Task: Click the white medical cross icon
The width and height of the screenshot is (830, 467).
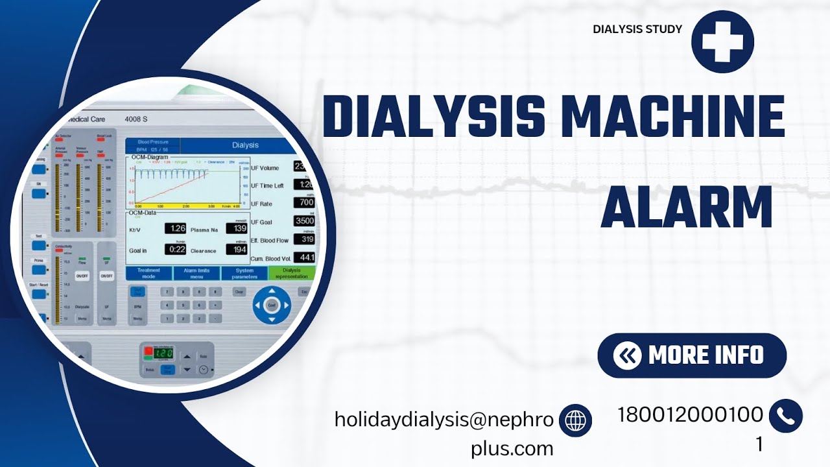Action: pos(722,42)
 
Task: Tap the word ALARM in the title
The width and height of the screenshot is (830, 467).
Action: pos(687,207)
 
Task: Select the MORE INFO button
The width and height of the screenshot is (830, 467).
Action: pos(691,355)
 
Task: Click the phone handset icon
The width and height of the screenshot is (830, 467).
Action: pos(785,416)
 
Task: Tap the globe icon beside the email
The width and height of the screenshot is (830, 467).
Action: pos(575,420)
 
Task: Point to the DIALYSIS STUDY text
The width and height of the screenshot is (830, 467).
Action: pos(637,29)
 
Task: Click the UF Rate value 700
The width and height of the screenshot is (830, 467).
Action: pos(304,203)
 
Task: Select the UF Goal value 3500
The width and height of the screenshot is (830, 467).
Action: pos(304,221)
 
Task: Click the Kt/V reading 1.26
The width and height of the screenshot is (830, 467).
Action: pos(175,228)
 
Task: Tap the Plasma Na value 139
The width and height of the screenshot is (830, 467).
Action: pos(237,228)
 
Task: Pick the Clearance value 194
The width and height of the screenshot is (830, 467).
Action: pos(237,250)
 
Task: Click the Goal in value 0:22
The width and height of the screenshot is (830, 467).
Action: pos(175,250)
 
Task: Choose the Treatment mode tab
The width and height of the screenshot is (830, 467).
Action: pos(148,274)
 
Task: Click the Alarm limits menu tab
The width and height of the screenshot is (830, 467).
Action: pos(196,274)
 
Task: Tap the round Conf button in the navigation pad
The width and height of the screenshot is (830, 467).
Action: pos(272,304)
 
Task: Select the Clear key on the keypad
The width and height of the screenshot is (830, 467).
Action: pos(239,293)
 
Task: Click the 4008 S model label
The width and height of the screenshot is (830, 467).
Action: pos(136,119)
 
